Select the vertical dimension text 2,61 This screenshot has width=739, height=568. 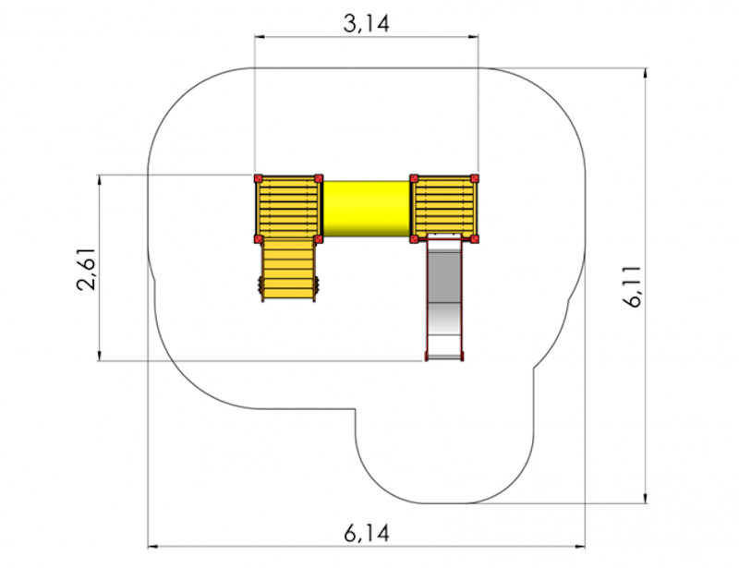pyautogui.click(x=87, y=268)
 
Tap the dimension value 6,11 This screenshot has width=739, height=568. pyautogui.click(x=634, y=286)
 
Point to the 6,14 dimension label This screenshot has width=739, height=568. pyautogui.click(x=367, y=533)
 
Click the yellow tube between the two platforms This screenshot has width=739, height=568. pyautogui.click(x=366, y=209)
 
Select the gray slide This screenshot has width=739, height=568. pyautogui.click(x=444, y=299)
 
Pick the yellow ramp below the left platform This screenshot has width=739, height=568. pyautogui.click(x=287, y=269)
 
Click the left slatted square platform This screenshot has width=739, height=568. pyautogui.click(x=288, y=209)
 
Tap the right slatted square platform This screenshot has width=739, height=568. pyautogui.click(x=444, y=209)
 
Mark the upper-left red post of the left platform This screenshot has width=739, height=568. pyautogui.click(x=258, y=178)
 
